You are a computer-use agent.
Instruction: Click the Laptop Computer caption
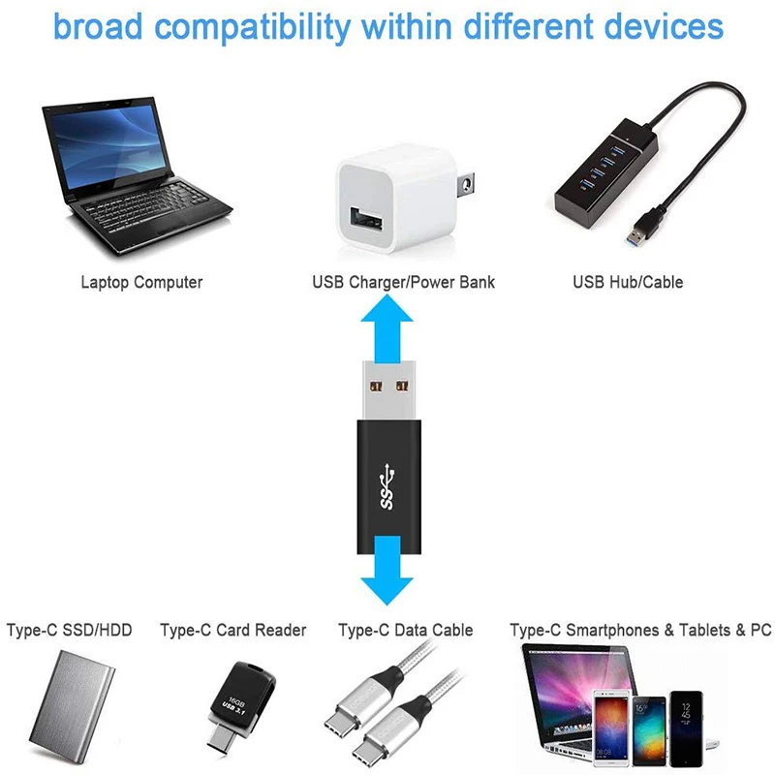(x=141, y=283)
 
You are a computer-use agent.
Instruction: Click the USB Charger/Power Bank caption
(x=403, y=283)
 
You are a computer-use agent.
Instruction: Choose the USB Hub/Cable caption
(x=627, y=283)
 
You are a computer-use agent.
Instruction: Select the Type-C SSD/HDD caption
(x=69, y=631)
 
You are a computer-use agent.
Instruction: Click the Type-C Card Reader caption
(x=232, y=631)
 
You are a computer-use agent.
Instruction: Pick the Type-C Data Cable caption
(x=405, y=631)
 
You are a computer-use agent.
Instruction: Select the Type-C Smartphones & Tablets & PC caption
(x=640, y=631)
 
